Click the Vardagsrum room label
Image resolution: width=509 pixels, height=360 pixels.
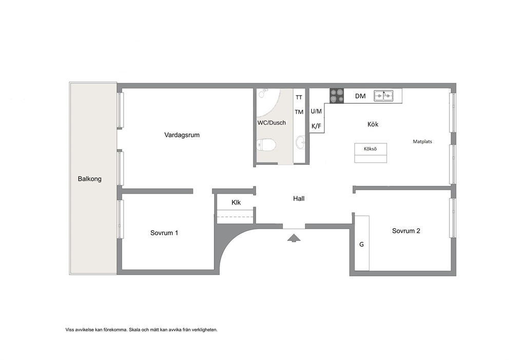click(182, 135)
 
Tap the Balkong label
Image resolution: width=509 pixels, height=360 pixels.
click(90, 179)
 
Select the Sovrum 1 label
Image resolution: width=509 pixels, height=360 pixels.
click(164, 233)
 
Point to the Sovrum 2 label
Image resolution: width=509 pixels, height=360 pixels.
click(406, 231)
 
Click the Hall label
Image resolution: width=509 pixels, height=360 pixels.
click(299, 199)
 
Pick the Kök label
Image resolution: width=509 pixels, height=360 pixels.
click(373, 124)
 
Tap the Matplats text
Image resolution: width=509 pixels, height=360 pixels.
click(422, 142)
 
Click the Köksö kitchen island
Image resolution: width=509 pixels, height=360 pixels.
click(370, 153)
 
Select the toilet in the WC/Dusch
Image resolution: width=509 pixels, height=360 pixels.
click(266, 144)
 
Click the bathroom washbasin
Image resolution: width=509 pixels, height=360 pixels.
click(301, 142)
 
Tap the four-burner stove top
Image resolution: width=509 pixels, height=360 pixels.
click(337, 96)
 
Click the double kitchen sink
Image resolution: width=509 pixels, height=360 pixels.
click(383, 96)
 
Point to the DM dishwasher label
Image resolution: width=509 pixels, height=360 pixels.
click(360, 96)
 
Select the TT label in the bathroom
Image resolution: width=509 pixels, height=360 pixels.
click(299, 97)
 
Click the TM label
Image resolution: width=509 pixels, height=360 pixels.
click(299, 112)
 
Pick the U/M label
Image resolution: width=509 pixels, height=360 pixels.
click(316, 111)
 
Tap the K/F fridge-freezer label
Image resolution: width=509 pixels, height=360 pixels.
click(316, 126)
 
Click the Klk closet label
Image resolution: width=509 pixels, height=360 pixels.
click(236, 202)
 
